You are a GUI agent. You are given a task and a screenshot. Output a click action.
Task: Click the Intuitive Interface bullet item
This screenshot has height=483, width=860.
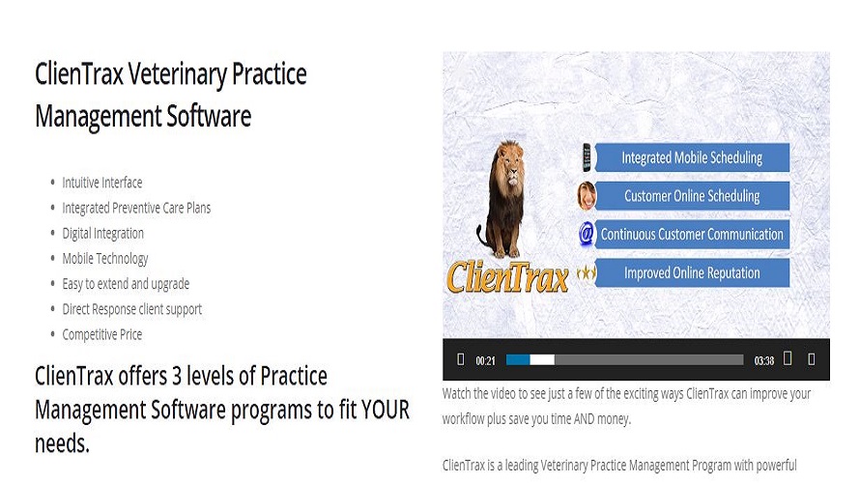click(x=102, y=183)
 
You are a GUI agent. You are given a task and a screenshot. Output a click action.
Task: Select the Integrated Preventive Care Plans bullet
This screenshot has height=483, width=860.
click(x=136, y=208)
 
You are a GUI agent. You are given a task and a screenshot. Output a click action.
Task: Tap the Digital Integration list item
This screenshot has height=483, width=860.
click(x=103, y=233)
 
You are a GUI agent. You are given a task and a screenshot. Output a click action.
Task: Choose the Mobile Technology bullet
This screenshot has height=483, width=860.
click(x=105, y=258)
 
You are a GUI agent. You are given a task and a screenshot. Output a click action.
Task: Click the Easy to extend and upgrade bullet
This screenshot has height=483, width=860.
click(x=126, y=284)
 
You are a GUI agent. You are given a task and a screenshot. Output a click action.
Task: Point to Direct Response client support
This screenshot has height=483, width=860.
click(x=131, y=309)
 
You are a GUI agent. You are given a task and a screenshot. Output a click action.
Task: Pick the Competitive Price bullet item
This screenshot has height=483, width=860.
click(x=102, y=334)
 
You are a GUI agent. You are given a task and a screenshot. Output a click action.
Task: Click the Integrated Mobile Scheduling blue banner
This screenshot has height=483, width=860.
click(x=692, y=157)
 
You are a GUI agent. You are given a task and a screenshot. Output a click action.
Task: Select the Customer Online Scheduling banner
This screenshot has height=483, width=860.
click(x=692, y=196)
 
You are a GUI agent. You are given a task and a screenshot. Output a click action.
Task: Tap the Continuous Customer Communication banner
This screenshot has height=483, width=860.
click(x=692, y=234)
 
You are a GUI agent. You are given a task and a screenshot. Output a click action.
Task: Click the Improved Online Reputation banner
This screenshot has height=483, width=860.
click(x=692, y=272)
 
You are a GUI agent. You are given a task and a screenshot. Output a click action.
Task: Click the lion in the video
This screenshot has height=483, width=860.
click(x=503, y=198)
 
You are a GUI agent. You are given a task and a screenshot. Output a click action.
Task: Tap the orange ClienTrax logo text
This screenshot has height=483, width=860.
click(x=507, y=276)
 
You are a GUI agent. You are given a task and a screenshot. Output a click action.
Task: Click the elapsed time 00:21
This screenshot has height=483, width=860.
click(x=485, y=360)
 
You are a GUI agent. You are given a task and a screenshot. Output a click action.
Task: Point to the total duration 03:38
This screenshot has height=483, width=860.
click(x=763, y=360)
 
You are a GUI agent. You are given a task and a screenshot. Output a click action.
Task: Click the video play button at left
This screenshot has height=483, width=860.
click(x=460, y=359)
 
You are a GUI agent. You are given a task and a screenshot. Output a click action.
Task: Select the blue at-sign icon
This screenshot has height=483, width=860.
click(x=586, y=234)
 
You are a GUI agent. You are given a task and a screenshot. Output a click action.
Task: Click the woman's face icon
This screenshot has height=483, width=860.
click(x=587, y=195)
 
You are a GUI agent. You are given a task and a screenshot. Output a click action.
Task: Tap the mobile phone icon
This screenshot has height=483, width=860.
click(x=587, y=156)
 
